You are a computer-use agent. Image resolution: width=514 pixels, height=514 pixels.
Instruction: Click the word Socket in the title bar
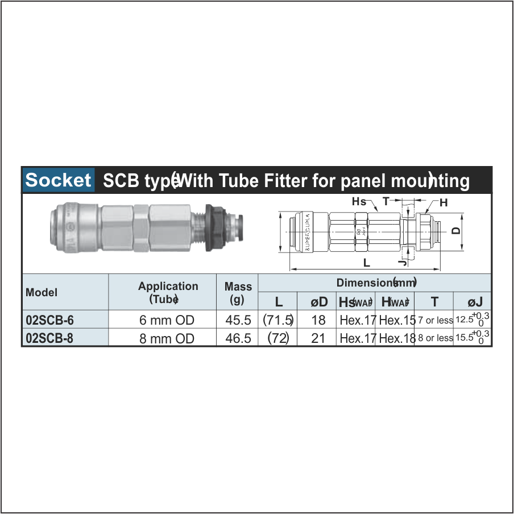coord(58,180)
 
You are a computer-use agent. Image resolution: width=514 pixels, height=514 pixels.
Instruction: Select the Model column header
coord(42,293)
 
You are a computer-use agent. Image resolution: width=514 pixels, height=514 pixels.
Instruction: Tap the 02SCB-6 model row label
coord(50,320)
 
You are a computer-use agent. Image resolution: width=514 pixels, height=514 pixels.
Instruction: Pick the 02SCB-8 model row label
coord(50,338)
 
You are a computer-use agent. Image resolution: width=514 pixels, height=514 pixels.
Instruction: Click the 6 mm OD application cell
coord(167,320)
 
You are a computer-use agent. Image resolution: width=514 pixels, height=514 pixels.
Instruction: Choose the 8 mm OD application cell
coord(167,338)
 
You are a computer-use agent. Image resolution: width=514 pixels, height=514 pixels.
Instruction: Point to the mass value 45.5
coord(238,320)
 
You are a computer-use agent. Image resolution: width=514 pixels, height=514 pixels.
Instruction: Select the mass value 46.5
coord(238,338)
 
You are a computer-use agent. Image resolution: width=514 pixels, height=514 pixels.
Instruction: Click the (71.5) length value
coord(278,320)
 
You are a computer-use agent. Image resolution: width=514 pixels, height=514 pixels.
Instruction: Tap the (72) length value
coord(278,338)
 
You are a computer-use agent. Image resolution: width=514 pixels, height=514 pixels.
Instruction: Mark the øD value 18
coord(318,320)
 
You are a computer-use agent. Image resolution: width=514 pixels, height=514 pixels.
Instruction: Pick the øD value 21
coord(318,338)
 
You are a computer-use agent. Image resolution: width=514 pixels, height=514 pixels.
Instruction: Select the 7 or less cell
coord(435,321)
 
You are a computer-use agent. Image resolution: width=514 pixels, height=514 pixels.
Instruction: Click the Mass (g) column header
coord(238,293)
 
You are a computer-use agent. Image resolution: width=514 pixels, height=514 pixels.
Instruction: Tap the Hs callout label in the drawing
coord(359,202)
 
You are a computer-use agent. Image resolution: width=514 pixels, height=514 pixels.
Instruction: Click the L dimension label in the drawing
coord(367,263)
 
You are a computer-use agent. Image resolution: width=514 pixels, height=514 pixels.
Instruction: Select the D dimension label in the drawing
coord(455,231)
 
